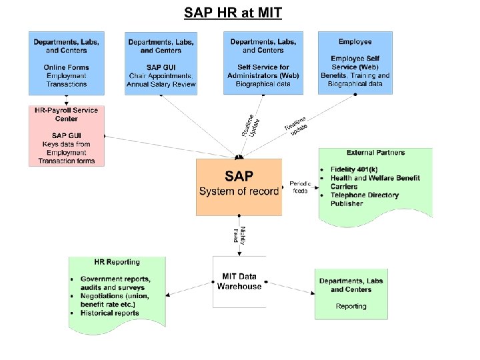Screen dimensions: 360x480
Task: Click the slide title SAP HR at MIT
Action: (233, 13)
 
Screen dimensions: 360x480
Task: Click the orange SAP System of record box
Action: (239, 187)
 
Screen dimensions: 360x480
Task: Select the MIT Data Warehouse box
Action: (239, 281)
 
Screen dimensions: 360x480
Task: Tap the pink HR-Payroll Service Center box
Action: (67, 135)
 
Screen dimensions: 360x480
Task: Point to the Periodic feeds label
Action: (300, 187)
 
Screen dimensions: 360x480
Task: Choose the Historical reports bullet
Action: (109, 313)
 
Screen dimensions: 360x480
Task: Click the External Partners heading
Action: (375, 153)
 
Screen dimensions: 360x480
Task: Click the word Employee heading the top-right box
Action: (355, 41)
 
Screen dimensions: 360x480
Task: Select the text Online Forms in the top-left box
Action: (67, 67)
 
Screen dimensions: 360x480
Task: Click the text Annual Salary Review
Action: (161, 85)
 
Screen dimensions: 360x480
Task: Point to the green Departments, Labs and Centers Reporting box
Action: (351, 293)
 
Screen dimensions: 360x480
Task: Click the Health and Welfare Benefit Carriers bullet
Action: (375, 182)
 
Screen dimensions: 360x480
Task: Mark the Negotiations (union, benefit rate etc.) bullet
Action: (114, 300)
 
